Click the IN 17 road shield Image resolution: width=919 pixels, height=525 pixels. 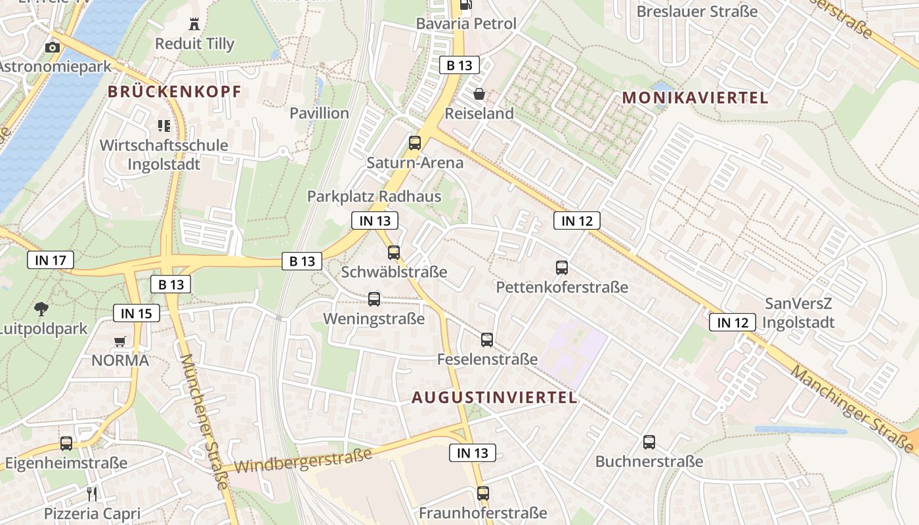[51, 261]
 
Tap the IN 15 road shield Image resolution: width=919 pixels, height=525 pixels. [137, 313]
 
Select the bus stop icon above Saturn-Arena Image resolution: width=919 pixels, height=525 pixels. [415, 142]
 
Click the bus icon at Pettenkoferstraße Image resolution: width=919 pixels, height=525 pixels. [562, 267]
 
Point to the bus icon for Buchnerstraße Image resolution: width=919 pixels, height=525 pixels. [649, 442]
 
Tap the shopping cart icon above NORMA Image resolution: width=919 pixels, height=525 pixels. [119, 341]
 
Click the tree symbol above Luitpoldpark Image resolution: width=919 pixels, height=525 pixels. [41, 308]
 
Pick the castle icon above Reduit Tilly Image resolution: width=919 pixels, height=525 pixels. [194, 24]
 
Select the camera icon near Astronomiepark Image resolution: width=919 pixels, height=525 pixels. [52, 47]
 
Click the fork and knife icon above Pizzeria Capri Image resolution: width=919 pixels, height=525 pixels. [92, 493]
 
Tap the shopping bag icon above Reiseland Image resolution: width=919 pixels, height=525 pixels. [479, 94]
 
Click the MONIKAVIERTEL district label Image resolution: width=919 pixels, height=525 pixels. [695, 98]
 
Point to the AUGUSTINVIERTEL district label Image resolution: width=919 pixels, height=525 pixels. [495, 398]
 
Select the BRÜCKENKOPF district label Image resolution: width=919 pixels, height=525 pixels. [175, 92]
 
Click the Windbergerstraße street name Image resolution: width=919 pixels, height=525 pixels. [303, 459]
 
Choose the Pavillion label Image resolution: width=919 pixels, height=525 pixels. [320, 113]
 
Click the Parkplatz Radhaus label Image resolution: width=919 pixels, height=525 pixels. [374, 196]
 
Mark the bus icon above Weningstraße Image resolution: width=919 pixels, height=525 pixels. [374, 299]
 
